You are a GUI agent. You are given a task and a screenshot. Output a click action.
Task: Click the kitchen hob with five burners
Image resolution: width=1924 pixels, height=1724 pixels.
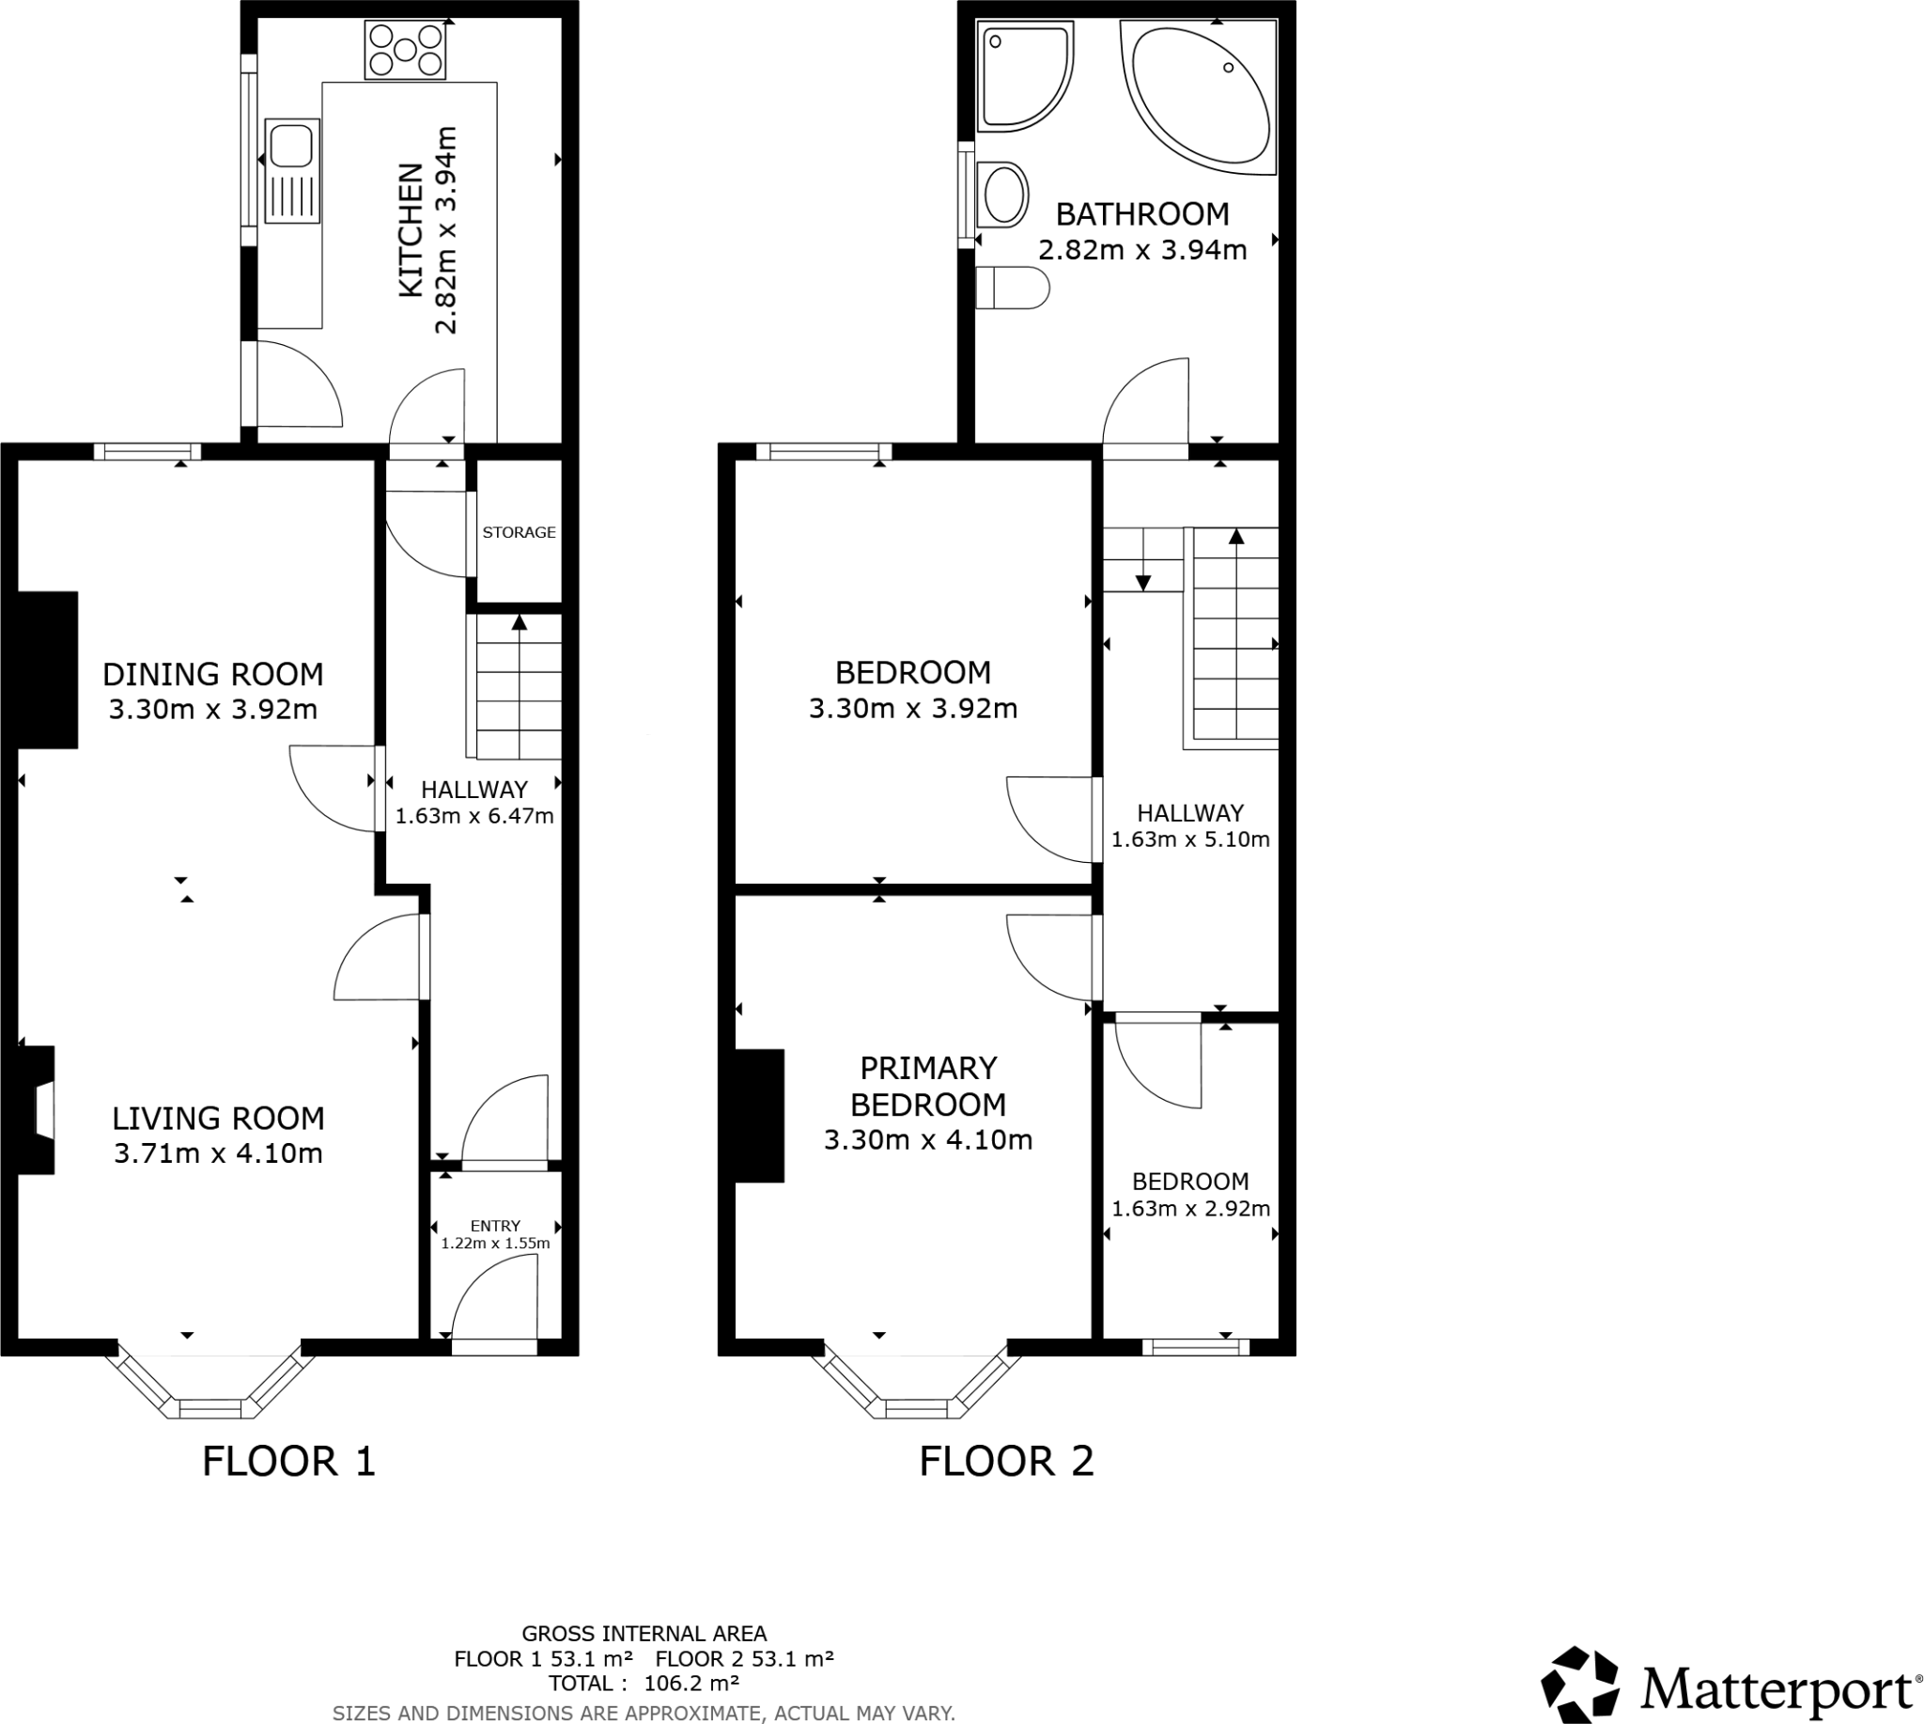[405, 50]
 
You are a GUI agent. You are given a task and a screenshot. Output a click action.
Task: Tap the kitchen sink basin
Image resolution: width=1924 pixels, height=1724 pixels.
[290, 148]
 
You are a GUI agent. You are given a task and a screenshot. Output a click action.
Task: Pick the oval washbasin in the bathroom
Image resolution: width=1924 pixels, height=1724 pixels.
[1003, 196]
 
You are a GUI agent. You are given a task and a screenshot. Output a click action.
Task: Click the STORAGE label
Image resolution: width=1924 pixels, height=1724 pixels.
[519, 532]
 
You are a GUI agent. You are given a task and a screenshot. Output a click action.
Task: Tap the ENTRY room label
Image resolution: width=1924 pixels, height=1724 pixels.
[495, 1226]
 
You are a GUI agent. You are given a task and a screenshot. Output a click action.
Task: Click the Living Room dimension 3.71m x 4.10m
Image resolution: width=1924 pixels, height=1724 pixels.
[218, 1153]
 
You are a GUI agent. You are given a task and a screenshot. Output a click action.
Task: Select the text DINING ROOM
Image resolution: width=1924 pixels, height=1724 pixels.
[213, 674]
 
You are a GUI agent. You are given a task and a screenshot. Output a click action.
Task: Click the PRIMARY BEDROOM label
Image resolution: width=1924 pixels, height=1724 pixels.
[928, 1087]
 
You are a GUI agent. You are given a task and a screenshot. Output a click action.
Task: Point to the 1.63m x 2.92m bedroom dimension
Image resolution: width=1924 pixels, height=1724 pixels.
[1190, 1209]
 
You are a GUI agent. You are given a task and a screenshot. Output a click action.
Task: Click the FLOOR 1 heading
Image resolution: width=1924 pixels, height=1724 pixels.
[288, 1462]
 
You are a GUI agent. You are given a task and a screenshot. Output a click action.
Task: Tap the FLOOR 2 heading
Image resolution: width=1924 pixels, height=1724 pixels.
[1006, 1462]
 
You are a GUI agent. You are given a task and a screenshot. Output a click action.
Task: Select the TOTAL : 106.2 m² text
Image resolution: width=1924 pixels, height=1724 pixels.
[644, 1684]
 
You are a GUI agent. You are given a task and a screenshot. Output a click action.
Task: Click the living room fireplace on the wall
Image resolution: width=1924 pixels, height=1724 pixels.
[36, 1110]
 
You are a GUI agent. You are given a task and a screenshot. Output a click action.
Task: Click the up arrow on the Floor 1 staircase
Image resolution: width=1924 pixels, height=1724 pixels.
[519, 622]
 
